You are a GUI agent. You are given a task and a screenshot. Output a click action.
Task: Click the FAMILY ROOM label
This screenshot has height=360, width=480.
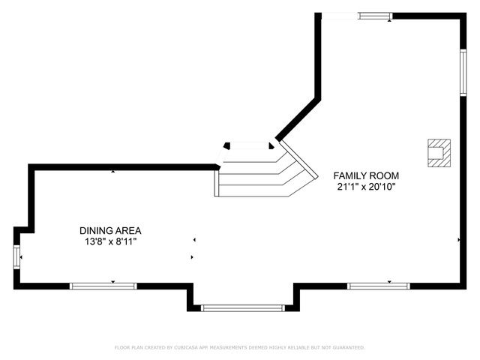[366, 175]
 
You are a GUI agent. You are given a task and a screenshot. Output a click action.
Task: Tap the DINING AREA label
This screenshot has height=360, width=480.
[110, 231]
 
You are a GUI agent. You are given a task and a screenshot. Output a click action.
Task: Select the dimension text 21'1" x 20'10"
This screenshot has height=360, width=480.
[366, 186]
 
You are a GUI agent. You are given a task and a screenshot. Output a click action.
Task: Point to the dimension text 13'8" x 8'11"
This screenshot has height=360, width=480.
[110, 241]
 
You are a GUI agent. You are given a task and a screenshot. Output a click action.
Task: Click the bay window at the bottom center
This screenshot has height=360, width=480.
[243, 307]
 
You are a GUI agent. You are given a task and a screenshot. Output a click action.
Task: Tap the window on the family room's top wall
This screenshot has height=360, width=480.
[374, 16]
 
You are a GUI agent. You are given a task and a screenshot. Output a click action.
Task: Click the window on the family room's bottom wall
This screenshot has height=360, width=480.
[378, 286]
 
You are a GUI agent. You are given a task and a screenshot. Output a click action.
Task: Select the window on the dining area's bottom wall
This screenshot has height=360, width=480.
[103, 286]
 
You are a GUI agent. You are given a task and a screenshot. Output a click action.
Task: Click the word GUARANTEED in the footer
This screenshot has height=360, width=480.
[348, 348]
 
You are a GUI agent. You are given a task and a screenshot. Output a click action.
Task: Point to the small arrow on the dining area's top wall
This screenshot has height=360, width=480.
[113, 172]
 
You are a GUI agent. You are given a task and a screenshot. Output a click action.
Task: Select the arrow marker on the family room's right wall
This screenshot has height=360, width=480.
[458, 240]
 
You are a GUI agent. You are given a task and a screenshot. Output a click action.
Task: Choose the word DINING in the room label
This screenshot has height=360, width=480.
[94, 231]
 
